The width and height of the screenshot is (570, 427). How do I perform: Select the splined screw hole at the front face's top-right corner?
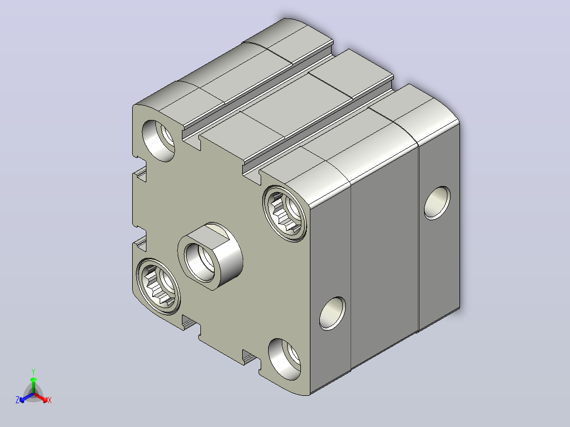(x=284, y=213)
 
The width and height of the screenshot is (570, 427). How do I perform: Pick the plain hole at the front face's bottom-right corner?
(x=284, y=359)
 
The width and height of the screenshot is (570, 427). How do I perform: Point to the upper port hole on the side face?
(x=437, y=203)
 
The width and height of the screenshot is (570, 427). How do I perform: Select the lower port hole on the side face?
(x=333, y=313)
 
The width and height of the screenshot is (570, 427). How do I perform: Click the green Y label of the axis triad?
(x=33, y=372)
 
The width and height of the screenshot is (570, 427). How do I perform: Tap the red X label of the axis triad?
(x=50, y=400)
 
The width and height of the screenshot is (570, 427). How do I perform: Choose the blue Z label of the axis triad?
(x=17, y=400)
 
